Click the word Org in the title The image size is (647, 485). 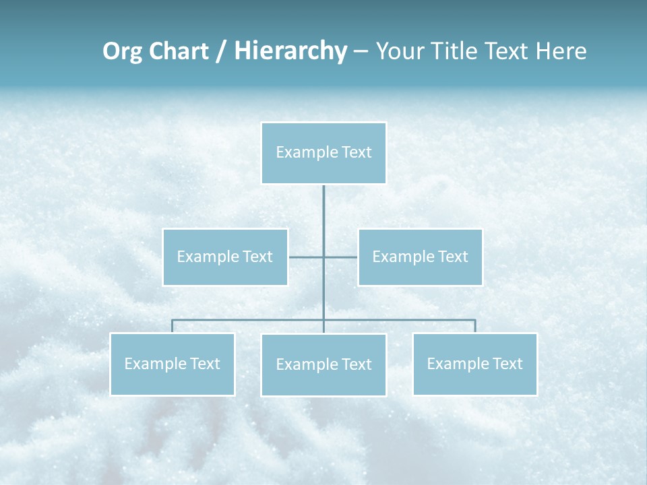coord(123,51)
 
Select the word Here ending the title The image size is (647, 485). coord(559,51)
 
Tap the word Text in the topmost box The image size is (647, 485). coord(357,152)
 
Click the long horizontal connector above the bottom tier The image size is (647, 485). coord(249,320)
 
